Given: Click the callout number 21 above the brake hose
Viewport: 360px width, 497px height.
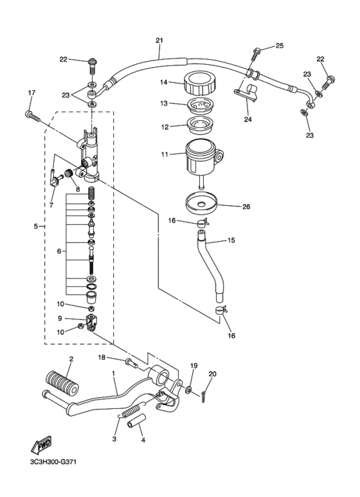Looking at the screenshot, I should click(159, 41).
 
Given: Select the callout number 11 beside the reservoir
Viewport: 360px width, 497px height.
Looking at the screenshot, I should click(164, 155).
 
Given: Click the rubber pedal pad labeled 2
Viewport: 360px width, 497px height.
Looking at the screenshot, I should click(62, 383).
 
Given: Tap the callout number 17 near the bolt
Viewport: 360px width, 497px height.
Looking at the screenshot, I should click(30, 94).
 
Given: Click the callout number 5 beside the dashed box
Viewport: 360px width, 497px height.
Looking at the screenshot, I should click(37, 226).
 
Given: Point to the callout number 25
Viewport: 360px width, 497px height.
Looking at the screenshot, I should click(279, 45).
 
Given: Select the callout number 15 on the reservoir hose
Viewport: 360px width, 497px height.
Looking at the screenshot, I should click(231, 241).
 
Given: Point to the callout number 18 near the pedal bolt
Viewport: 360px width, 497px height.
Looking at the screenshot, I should click(102, 357).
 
